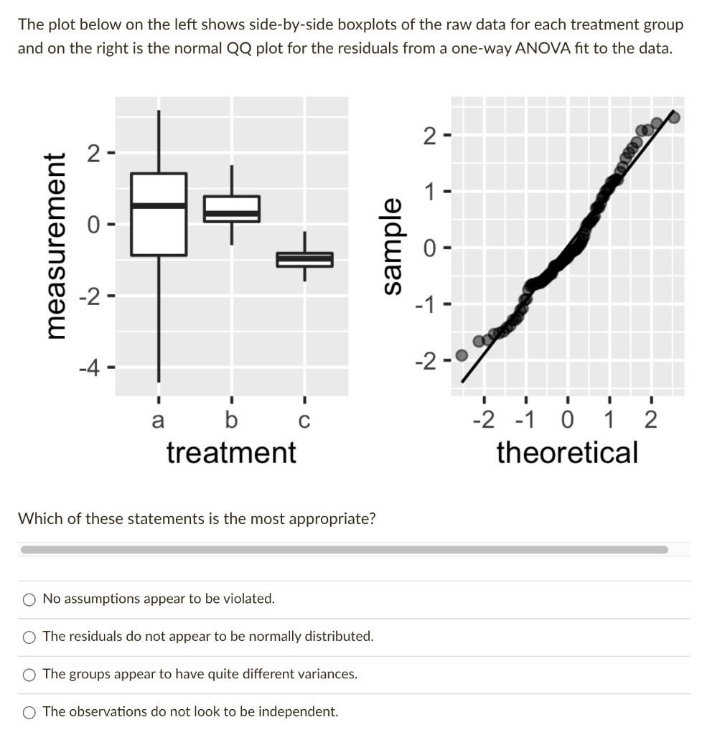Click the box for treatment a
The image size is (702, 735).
(159, 214)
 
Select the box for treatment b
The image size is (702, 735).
(232, 209)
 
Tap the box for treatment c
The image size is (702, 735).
(304, 260)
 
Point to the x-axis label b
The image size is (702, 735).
(232, 419)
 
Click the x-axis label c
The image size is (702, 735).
(304, 421)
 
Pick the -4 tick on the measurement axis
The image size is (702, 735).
(90, 368)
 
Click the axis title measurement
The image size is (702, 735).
(56, 245)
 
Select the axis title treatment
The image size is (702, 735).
(232, 454)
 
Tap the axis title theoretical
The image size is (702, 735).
(568, 454)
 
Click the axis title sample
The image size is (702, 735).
(392, 247)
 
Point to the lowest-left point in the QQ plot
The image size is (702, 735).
(462, 355)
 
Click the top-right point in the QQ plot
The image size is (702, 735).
(674, 117)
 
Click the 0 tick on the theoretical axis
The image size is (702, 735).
(568, 419)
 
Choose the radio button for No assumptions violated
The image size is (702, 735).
(29, 599)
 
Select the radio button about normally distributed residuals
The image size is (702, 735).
(29, 637)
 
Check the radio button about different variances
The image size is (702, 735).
(29, 675)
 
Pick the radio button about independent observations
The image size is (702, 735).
(29, 713)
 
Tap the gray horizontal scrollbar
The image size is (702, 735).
(345, 549)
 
